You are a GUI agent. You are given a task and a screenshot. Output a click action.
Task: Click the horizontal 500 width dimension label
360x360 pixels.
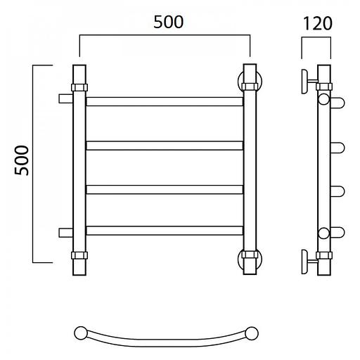pyautogui.click(x=169, y=22)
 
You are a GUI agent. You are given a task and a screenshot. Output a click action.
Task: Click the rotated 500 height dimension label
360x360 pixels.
pyautogui.click(x=22, y=160)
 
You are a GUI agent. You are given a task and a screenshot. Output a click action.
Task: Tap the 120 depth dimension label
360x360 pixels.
pyautogui.click(x=318, y=23)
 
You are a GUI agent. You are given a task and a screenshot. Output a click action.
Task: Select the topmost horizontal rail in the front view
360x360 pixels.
pyautogui.click(x=165, y=101)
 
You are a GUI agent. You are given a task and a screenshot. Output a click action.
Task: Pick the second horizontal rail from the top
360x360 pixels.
pyautogui.click(x=165, y=146)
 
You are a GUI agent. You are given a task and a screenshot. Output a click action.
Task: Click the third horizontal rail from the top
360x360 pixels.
pyautogui.click(x=165, y=190)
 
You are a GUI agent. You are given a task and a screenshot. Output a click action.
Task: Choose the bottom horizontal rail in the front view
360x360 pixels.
pyautogui.click(x=165, y=231)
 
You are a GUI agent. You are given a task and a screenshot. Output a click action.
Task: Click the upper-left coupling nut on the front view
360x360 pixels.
pyautogui.click(x=79, y=87)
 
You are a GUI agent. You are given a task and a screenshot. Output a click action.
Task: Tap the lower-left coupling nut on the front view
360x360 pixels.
pyautogui.click(x=79, y=255)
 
